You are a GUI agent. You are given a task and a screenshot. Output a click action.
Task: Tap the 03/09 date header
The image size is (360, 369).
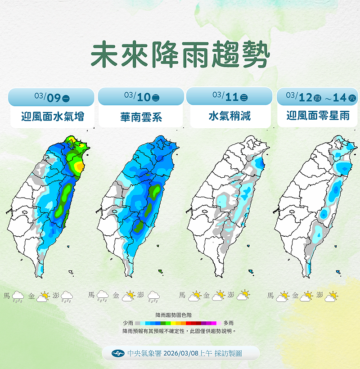[51, 97]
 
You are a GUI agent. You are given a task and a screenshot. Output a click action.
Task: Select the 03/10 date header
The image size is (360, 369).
[141, 96]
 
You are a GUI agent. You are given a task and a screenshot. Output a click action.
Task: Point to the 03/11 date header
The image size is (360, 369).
[229, 96]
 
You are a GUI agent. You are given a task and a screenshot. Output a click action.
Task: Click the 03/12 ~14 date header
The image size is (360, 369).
[318, 96]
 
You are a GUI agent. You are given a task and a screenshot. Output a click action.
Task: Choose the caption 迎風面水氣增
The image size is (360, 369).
[52, 117]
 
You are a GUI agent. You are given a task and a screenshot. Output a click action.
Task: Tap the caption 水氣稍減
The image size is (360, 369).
[229, 116]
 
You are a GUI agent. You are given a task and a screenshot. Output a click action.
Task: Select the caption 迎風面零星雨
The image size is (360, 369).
[318, 116]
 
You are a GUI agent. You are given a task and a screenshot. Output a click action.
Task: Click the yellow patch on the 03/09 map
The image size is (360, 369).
[79, 166]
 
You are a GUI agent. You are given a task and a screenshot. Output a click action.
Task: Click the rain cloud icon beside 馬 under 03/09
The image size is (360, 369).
[18, 297]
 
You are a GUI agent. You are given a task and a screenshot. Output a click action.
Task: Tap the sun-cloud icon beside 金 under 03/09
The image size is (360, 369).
[43, 297]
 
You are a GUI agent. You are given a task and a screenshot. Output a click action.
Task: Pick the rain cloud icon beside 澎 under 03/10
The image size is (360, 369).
[153, 296]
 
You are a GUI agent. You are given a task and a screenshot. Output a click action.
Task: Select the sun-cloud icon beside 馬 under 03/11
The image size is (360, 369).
[194, 296]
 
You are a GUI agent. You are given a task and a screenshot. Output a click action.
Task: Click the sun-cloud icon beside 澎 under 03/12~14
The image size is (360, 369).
[331, 296]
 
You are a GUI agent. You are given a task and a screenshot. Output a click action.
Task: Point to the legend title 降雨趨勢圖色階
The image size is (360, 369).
[176, 315]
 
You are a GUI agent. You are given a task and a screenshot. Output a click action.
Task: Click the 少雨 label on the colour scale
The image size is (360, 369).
[128, 323]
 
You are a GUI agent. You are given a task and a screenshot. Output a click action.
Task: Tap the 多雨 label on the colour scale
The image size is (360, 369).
[228, 323]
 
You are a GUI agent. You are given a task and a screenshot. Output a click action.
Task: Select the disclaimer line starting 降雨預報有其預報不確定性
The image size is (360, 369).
[179, 331]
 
